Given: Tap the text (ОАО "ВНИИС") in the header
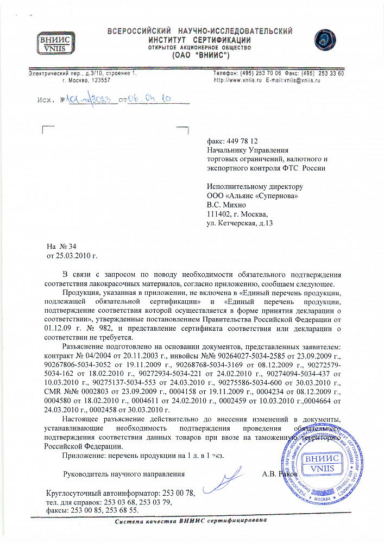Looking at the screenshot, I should coord(199,55).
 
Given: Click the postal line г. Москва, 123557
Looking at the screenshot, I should coord(87,80).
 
